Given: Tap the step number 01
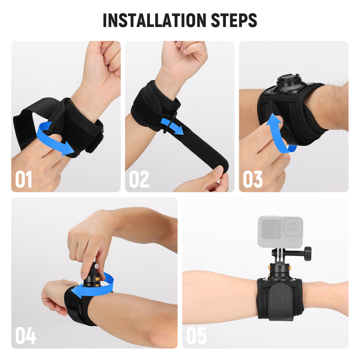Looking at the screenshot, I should [x=24, y=179].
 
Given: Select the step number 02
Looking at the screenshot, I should [x=139, y=179].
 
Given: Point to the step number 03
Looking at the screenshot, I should [x=253, y=179].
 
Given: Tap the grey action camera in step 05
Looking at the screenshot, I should [x=280, y=232].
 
